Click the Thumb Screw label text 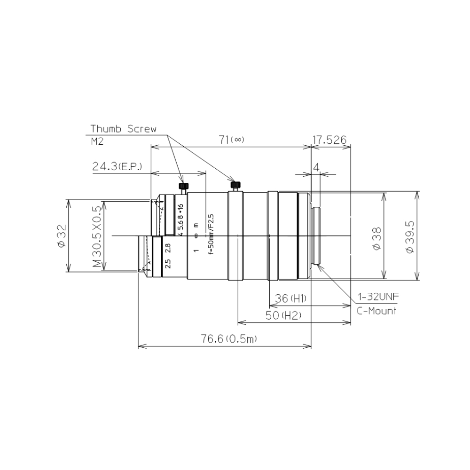pyautogui.click(x=123, y=129)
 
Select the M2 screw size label pyautogui.click(x=97, y=141)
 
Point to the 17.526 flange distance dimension pyautogui.click(x=329, y=140)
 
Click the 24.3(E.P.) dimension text pyautogui.click(x=117, y=167)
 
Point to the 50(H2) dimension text pyautogui.click(x=283, y=315)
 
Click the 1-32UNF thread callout pyautogui.click(x=378, y=297)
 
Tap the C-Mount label pyautogui.click(x=376, y=311)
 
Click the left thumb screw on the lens pyautogui.click(x=183, y=187)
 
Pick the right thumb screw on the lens pyautogui.click(x=235, y=185)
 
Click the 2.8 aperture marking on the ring pyautogui.click(x=168, y=248)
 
